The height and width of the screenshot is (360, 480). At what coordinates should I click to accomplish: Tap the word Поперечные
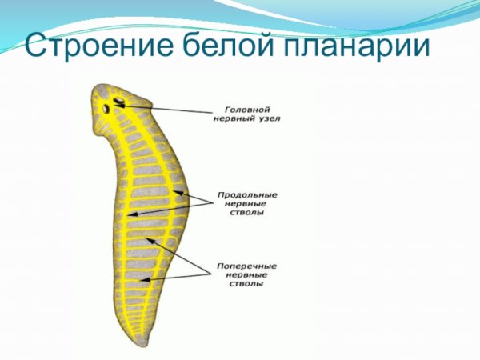(247, 263)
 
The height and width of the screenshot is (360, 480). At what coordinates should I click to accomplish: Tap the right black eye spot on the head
(119, 102)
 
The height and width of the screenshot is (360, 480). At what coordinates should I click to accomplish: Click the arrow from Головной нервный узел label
(168, 106)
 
